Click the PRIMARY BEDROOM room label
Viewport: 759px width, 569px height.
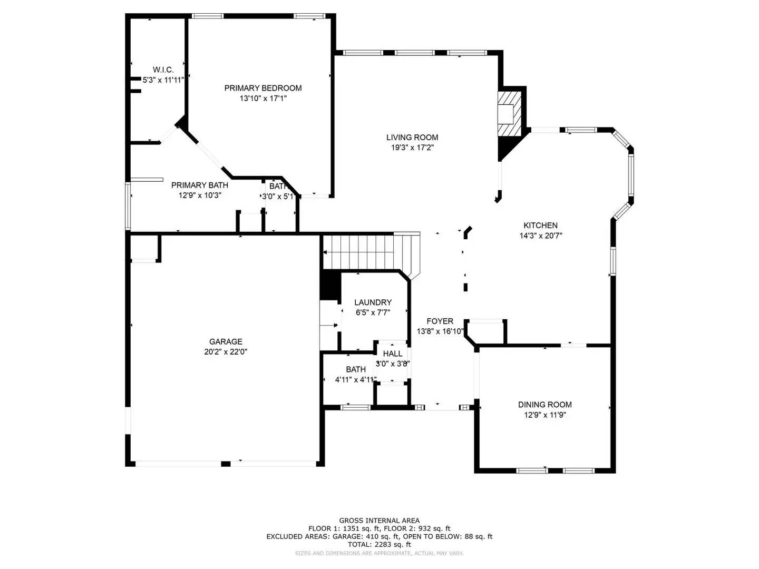tap(263, 88)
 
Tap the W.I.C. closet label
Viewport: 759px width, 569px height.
tap(163, 70)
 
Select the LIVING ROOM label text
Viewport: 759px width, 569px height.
tap(412, 138)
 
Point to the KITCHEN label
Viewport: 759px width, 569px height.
tap(540, 225)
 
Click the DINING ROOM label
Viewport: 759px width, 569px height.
tap(544, 405)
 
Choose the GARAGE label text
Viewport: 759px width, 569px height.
tap(226, 341)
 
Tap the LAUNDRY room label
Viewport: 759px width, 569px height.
tap(373, 302)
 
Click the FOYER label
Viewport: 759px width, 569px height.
tap(440, 321)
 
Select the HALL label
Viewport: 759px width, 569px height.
tap(393, 354)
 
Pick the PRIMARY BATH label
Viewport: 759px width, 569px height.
tap(200, 185)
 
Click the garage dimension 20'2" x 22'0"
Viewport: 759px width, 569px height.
tap(226, 352)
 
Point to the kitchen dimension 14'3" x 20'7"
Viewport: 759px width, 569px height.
tap(541, 236)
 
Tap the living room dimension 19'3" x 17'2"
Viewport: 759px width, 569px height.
tap(412, 148)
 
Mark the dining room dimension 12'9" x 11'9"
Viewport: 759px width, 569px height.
tap(544, 415)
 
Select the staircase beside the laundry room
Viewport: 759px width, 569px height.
tap(369, 252)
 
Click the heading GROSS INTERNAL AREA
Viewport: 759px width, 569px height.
tap(379, 521)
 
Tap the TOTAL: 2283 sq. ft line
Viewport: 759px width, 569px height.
tap(379, 544)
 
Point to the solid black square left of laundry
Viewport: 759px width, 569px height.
tap(330, 285)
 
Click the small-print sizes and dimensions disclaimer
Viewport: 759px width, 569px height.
tap(379, 553)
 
